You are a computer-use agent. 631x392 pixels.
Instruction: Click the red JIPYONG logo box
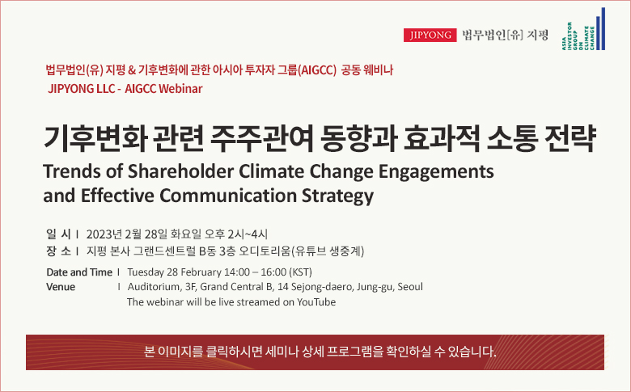click(430, 35)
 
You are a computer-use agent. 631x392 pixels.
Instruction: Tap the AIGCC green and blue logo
click(583, 29)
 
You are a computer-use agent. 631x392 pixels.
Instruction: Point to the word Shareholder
click(180, 171)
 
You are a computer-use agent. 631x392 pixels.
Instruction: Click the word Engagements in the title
click(436, 172)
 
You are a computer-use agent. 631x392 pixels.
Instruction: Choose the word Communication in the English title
click(228, 196)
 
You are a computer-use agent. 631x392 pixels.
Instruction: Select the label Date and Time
click(79, 272)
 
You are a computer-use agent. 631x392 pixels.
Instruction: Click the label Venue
click(61, 287)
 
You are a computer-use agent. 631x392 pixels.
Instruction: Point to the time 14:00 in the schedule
click(236, 272)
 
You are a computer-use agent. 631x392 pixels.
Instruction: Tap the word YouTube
click(316, 302)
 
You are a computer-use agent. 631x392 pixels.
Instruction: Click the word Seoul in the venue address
click(410, 287)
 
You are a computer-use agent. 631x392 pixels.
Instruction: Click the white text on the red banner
click(320, 352)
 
